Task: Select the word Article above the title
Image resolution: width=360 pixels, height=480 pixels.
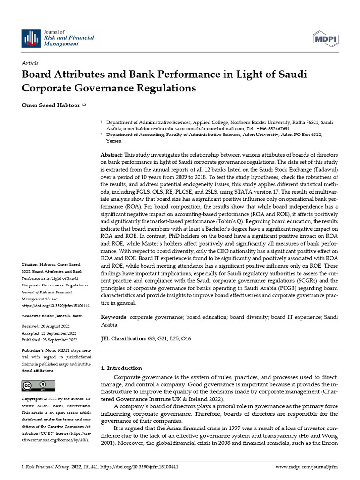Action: tap(30, 63)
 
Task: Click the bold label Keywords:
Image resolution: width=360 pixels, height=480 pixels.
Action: tap(114, 317)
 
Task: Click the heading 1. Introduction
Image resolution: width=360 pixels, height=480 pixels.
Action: tap(121, 368)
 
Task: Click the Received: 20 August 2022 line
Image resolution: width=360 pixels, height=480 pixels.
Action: tap(48, 325)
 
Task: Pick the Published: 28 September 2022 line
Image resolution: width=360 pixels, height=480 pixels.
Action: tap(50, 339)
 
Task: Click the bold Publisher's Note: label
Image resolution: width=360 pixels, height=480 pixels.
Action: tap(38, 350)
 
